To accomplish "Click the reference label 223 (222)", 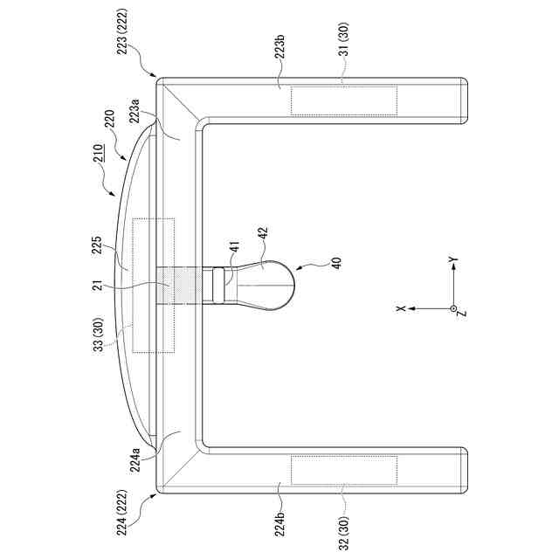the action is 122,31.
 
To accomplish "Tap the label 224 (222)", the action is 122,513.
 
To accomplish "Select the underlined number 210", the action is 99,154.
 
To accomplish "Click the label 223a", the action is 135,111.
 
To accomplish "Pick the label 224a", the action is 135,460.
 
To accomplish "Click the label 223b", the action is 279,46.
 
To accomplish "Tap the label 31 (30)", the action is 344,39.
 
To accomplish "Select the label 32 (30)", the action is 344,533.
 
